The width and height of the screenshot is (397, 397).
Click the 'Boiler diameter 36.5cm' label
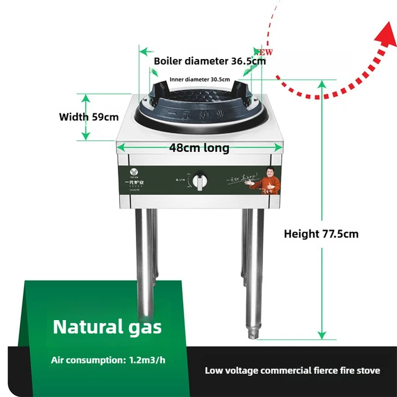pyautogui.click(x=210, y=61)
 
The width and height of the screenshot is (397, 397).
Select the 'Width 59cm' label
pyautogui.click(x=89, y=117)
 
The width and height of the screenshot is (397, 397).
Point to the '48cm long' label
pyautogui.click(x=199, y=148)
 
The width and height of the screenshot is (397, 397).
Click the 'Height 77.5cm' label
pyautogui.click(x=321, y=234)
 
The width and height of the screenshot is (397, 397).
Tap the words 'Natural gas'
pyautogui.click(x=107, y=326)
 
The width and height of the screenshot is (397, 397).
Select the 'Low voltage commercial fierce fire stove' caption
pyautogui.click(x=293, y=370)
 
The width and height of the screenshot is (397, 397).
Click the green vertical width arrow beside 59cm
pyautogui.click(x=86, y=117)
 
